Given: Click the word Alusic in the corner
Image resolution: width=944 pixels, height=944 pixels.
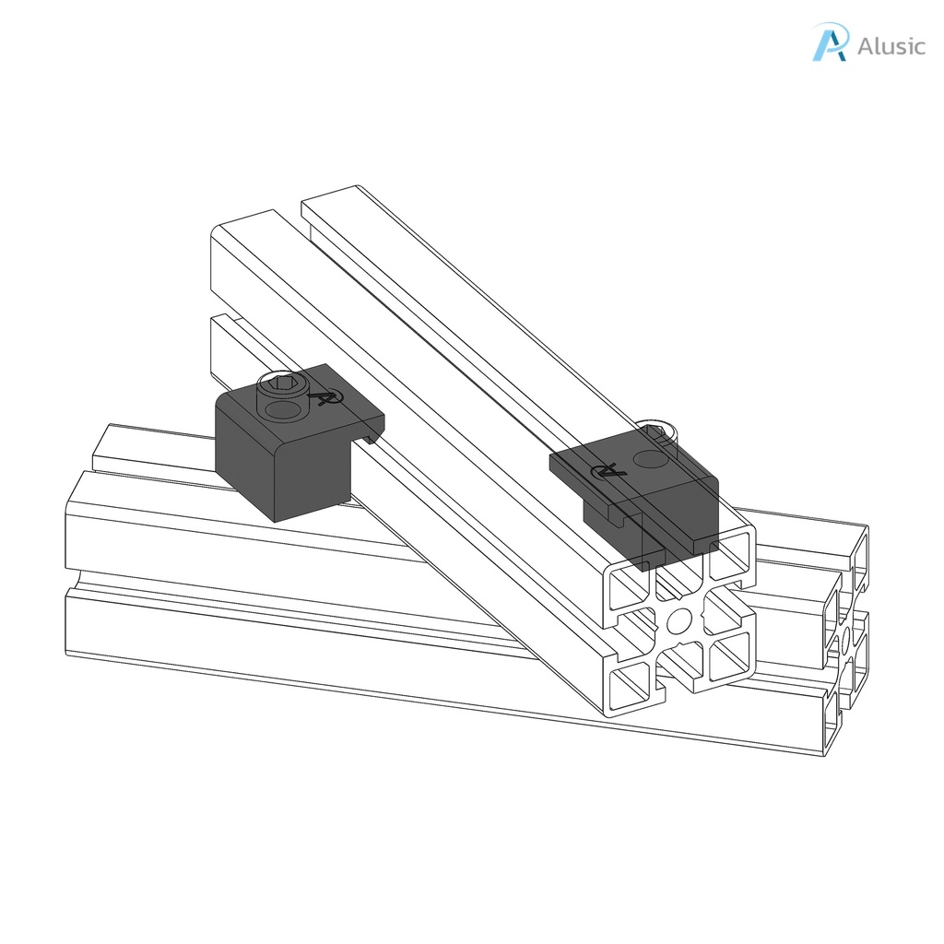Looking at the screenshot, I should pos(891,46).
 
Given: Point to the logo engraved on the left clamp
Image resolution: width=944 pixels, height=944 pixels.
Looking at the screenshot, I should pos(325,396).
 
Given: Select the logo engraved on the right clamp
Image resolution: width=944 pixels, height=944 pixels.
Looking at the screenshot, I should pos(608,470).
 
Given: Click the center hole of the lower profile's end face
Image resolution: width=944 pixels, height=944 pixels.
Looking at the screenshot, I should pos(844,638).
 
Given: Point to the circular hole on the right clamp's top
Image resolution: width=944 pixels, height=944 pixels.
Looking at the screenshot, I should pos(648,458).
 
